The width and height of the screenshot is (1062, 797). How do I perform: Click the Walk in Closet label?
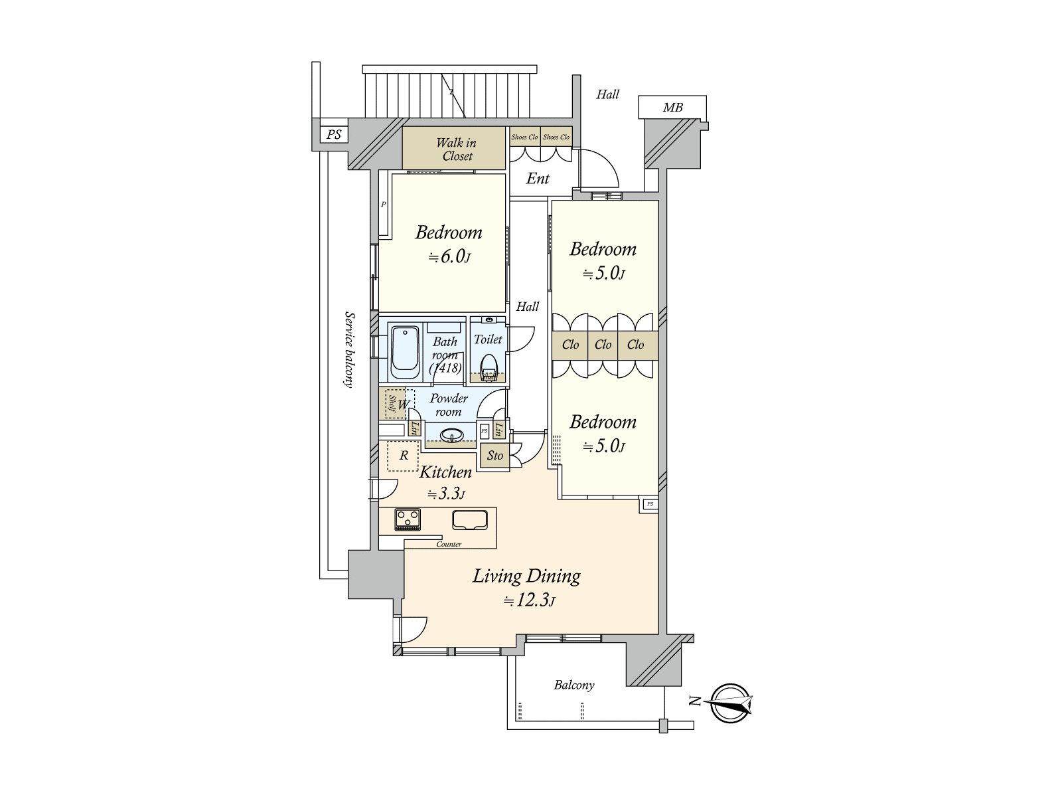pos(456,149)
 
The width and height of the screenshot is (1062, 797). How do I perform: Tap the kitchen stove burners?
pos(408,518)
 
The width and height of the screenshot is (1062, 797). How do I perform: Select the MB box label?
pos(672,108)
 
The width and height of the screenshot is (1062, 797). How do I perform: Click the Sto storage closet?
pos(495,456)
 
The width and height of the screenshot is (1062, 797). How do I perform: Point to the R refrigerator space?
pos(403,456)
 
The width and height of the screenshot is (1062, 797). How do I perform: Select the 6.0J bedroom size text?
pos(449,257)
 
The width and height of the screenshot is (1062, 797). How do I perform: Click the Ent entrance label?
pos(538,179)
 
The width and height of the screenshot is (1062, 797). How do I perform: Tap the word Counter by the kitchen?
pos(449,545)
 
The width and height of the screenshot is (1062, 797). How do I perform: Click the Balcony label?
pos(574,685)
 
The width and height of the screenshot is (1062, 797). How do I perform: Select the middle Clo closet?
pos(603,345)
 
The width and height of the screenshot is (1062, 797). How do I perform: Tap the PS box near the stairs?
pos(334,135)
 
